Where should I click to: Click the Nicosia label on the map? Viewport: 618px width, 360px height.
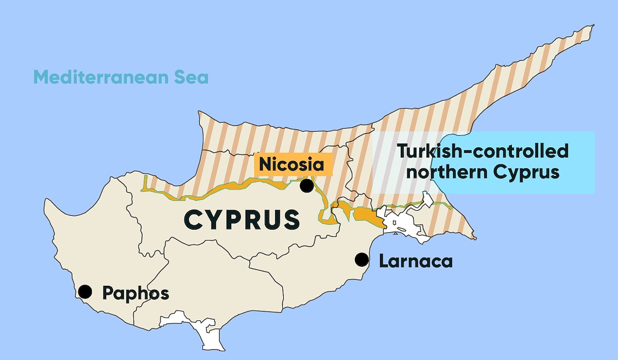(291, 164)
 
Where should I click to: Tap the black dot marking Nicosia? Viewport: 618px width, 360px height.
(307, 185)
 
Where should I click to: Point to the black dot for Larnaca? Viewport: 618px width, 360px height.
(363, 260)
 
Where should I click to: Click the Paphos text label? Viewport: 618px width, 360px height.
(135, 293)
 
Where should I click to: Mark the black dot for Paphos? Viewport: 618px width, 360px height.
(85, 292)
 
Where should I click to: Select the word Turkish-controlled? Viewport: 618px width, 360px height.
(483, 151)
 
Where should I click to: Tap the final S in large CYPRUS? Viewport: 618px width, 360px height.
(290, 220)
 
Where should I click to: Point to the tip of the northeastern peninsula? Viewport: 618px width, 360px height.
(592, 25)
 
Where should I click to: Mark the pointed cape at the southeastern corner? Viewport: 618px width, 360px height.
(474, 238)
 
